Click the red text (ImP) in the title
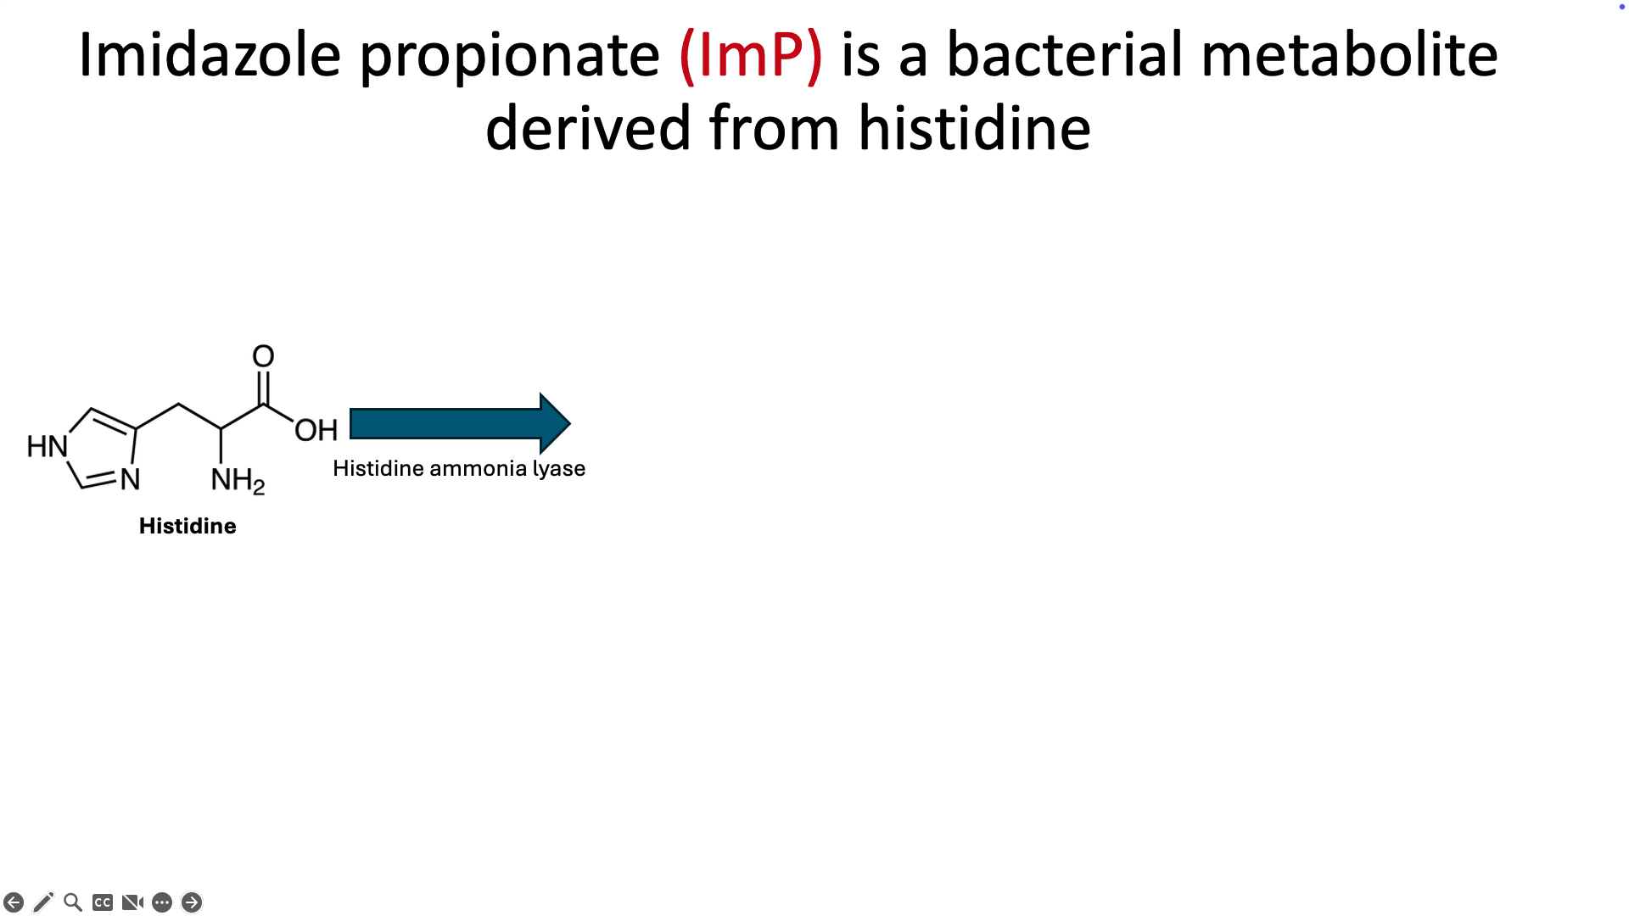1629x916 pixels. point(751,56)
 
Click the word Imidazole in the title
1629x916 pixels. point(210,54)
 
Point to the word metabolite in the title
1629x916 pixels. point(1350,54)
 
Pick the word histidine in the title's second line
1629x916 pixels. point(975,127)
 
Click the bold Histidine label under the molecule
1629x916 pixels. point(188,526)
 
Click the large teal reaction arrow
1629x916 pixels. point(460,423)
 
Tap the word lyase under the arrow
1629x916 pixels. point(559,469)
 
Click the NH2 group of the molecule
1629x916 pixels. point(238,481)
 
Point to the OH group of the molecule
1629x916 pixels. point(316,430)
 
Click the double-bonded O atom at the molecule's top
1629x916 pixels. point(263,356)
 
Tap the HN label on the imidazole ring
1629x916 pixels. point(47,446)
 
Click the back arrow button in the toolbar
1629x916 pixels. point(14,902)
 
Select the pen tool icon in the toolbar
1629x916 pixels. point(43,902)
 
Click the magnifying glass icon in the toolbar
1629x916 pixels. point(73,902)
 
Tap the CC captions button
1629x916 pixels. point(103,902)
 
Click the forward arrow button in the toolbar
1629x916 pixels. point(192,902)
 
